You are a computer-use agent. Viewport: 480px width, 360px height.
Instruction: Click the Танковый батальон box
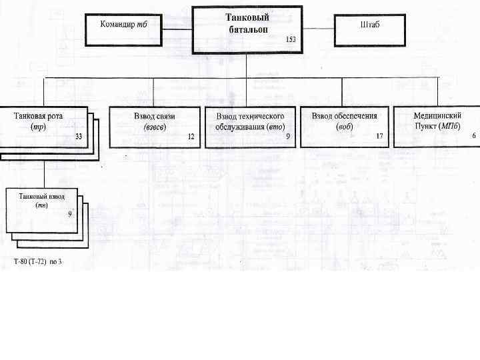tap(246, 30)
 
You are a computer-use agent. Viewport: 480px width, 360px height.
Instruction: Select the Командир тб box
tap(123, 30)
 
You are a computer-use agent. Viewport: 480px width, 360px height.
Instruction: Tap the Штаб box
tap(370, 29)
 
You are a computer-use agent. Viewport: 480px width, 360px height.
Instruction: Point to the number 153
tap(291, 40)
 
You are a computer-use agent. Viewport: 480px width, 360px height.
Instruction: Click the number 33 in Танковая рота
tap(79, 136)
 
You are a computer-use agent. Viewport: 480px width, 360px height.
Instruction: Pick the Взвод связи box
tap(154, 126)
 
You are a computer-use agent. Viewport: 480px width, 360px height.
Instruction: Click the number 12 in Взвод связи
tap(191, 136)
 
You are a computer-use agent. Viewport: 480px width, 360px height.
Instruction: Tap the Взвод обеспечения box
tap(344, 126)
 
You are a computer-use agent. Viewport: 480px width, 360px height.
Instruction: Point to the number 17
tap(379, 136)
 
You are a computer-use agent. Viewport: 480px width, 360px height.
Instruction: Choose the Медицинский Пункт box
tap(437, 126)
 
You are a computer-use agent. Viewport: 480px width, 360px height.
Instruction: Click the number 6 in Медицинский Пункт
tap(474, 135)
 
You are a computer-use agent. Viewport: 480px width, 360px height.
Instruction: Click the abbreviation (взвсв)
tap(154, 126)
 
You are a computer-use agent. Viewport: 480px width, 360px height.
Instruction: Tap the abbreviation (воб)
tap(344, 126)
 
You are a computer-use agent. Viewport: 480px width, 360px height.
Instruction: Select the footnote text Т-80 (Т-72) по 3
tap(37, 261)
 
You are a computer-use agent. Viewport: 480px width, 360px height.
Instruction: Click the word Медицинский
tap(437, 115)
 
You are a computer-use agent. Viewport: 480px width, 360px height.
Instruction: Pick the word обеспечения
tap(355, 115)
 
